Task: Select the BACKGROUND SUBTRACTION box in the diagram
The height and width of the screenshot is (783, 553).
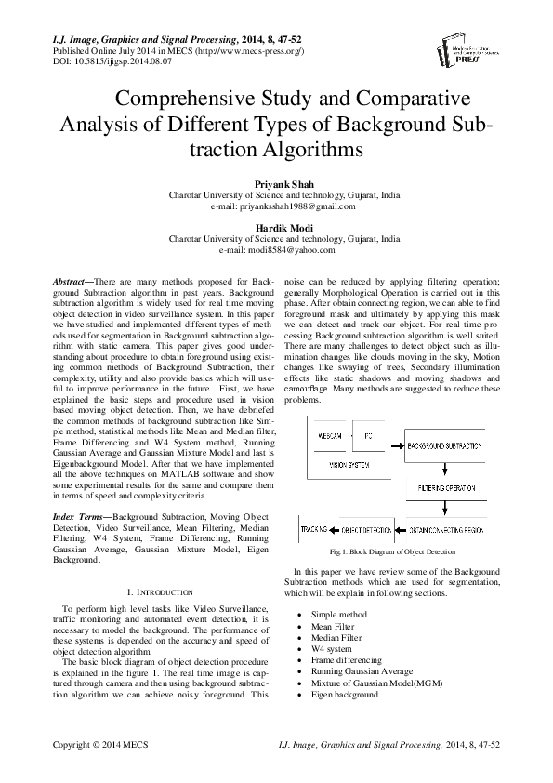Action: pyautogui.click(x=450, y=447)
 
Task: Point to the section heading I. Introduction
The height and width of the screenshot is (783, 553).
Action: pyautogui.click(x=158, y=591)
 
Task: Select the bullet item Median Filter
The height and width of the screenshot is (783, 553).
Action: pyautogui.click(x=336, y=639)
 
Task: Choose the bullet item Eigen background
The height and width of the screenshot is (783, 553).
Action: pyautogui.click(x=345, y=694)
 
